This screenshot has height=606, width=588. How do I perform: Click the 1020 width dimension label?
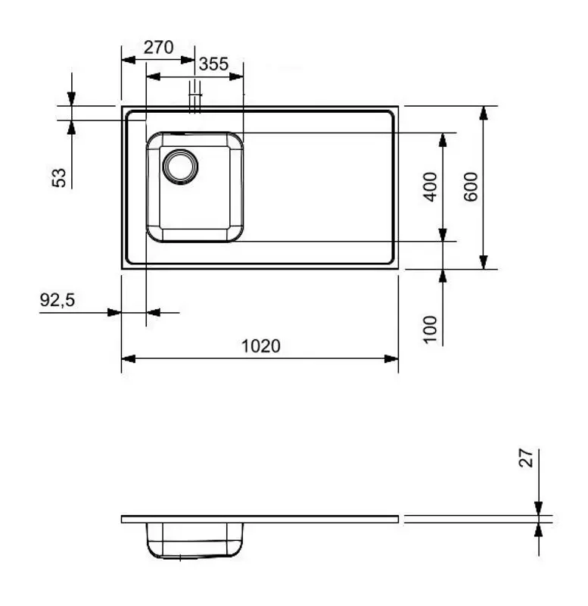tap(261, 346)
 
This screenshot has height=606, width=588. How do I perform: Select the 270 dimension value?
tap(159, 47)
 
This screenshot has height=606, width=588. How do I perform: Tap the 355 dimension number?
tap(214, 64)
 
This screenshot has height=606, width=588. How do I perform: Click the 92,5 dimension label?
tap(58, 300)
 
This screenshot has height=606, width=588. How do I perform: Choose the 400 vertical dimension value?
tap(430, 186)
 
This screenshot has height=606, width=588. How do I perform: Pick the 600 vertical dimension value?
tap(471, 186)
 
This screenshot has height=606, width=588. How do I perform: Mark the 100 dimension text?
tap(430, 330)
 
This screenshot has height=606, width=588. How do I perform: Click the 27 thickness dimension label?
tap(527, 458)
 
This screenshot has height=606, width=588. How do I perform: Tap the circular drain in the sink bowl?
tap(180, 165)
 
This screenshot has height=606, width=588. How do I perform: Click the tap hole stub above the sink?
tap(196, 97)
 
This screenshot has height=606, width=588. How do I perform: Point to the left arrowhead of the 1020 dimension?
tap(127, 358)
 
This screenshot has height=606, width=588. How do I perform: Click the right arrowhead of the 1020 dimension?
tap(392, 358)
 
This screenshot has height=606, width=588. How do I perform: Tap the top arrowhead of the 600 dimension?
tap(484, 112)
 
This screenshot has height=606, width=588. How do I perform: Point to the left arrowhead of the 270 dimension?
tap(127, 58)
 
